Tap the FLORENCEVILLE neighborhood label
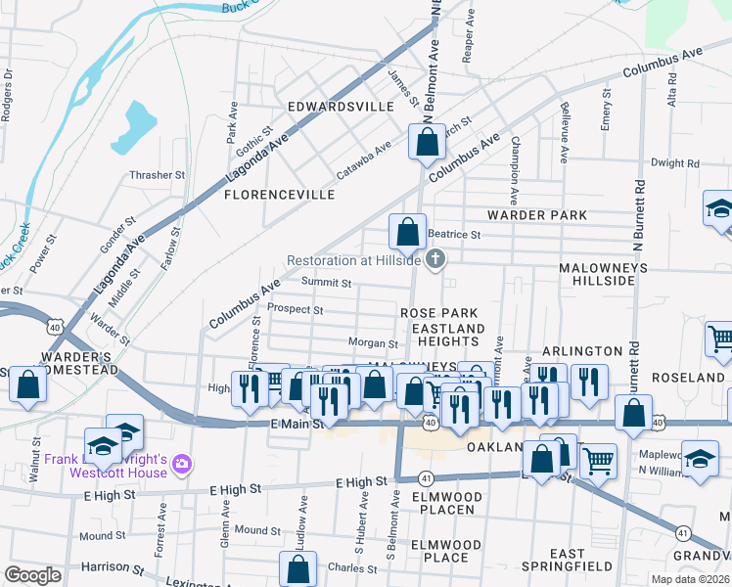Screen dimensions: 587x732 280,195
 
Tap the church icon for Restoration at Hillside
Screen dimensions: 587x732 436,259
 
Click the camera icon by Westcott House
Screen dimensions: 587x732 181,463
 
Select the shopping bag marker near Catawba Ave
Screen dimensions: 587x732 428,144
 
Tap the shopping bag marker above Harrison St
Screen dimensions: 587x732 298,569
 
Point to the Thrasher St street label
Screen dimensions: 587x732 158,175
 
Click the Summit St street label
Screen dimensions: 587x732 326,284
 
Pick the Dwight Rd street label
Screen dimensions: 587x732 675,163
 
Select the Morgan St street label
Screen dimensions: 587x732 374,343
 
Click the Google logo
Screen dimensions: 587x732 33,575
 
